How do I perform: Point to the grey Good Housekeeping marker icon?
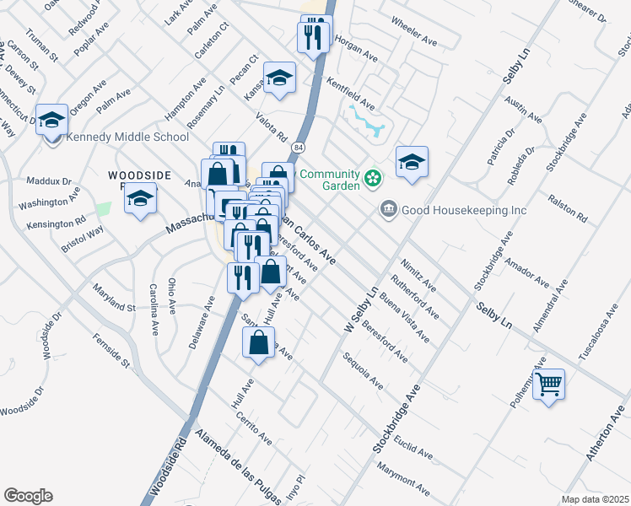[389, 208]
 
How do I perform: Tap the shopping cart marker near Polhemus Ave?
[549, 385]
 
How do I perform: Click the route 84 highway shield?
[299, 148]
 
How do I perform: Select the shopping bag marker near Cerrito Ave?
[258, 343]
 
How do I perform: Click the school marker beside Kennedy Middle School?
[52, 120]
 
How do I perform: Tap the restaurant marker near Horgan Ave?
[312, 36]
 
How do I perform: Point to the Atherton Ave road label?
[607, 433]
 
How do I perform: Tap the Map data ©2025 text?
[595, 499]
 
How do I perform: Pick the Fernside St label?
[111, 354]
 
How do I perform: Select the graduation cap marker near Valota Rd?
[279, 78]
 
